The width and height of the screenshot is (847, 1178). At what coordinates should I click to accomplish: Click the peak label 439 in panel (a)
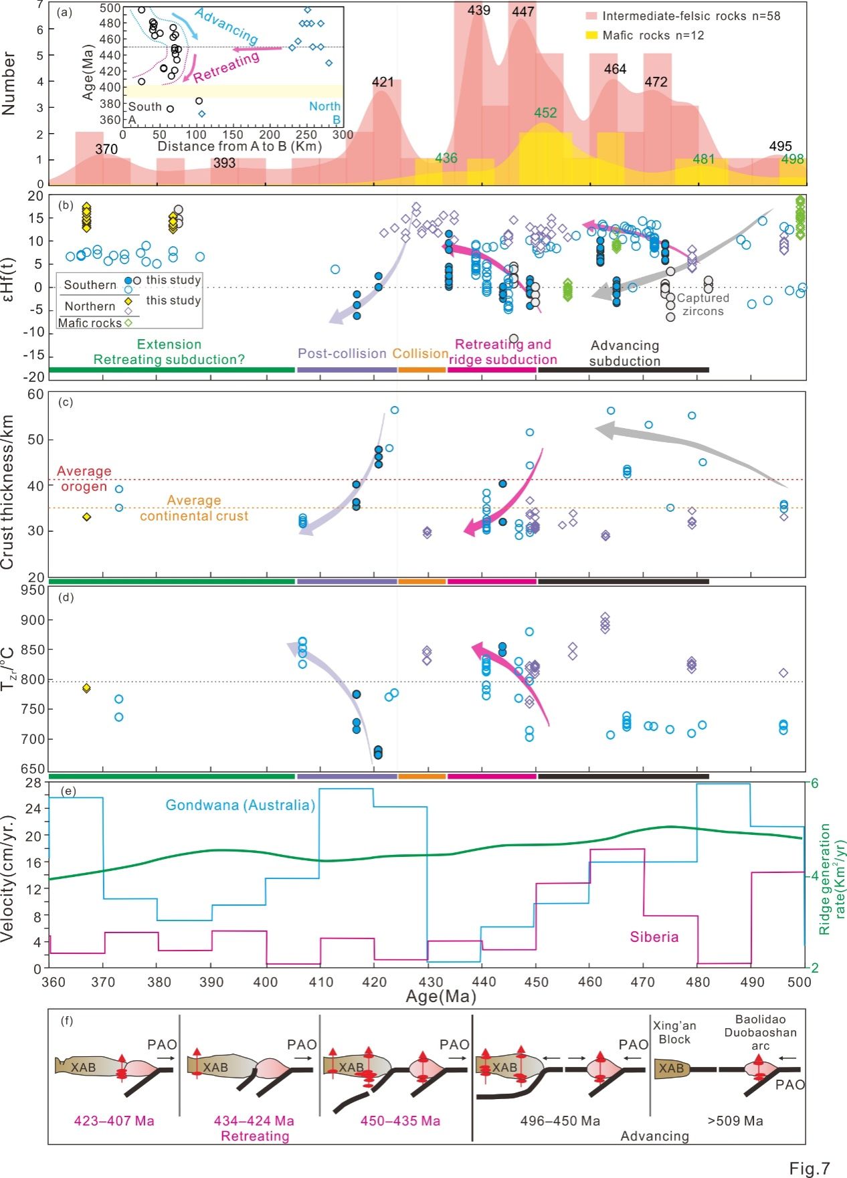point(478,10)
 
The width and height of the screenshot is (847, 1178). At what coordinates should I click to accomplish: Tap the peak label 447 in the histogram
point(523,11)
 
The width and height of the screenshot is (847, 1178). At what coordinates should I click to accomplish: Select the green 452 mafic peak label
point(545,112)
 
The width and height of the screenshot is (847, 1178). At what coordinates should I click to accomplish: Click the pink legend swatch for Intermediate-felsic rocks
point(591,16)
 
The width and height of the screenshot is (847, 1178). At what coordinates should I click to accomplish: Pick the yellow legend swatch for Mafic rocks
point(591,35)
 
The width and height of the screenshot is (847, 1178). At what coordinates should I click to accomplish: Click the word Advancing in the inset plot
point(226,26)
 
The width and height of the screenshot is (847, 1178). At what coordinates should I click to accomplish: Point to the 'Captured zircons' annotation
point(702,304)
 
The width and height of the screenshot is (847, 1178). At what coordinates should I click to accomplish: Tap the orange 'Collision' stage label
point(420,353)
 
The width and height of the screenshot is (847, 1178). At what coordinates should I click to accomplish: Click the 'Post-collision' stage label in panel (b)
point(342,353)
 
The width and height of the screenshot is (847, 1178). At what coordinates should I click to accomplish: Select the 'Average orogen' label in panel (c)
point(84,478)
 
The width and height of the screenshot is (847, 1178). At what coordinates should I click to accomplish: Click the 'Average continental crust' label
point(194,508)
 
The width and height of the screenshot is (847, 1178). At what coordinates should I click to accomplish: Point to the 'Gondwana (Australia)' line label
point(240,805)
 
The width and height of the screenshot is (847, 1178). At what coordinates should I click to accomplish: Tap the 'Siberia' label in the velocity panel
point(654,937)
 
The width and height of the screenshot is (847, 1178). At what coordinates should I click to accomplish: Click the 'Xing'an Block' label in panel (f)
point(674,1032)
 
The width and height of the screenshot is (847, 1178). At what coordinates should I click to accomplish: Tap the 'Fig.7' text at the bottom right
point(809,1168)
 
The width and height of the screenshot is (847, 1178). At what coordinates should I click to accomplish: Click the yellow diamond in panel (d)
point(86,688)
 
